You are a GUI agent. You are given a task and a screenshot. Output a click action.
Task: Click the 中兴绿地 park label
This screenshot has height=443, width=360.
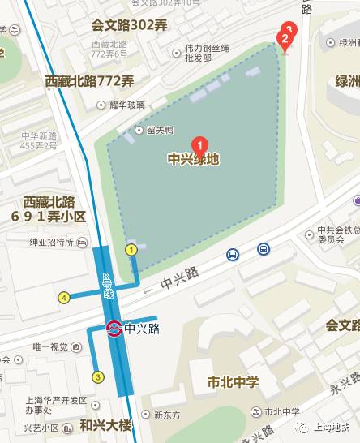point(193,160)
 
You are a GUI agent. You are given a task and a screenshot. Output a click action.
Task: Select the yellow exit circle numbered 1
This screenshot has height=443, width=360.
point(131,250)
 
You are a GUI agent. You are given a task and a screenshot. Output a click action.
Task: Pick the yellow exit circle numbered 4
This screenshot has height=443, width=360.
point(64,297)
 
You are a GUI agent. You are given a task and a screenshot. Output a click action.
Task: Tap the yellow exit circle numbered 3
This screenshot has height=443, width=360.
point(99,376)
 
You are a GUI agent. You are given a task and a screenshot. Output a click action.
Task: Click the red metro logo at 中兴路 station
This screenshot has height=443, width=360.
point(114,329)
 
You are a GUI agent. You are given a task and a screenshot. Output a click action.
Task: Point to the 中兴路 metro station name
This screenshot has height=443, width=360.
point(143,329)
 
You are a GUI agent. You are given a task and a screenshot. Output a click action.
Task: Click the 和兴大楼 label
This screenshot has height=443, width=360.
point(105,425)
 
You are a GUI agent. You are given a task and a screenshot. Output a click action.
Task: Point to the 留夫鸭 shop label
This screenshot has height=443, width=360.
point(160,130)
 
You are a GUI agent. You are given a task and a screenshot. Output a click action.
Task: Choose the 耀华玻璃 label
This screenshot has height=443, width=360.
point(128,105)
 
